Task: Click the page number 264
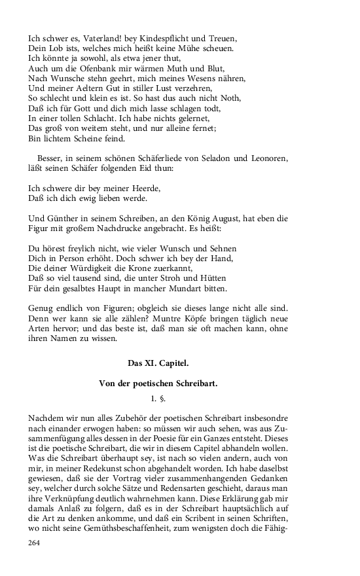point(34,543)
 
